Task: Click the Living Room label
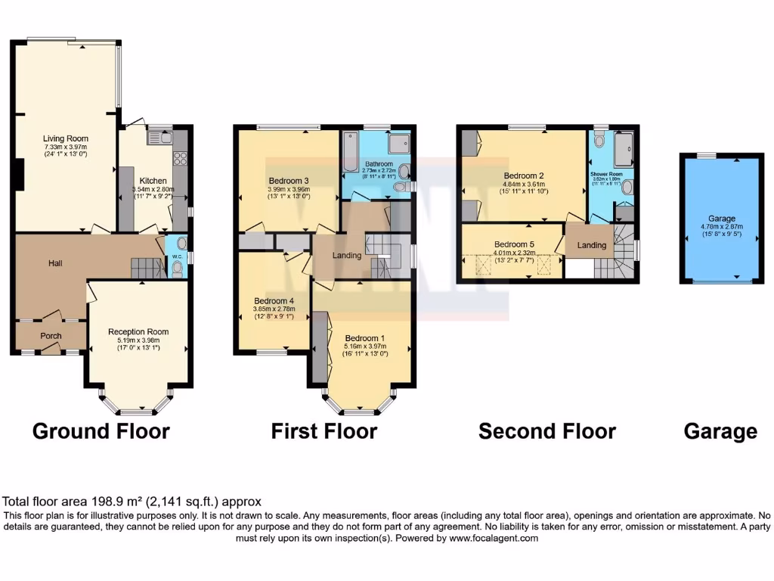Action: coord(65,138)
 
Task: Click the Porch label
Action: coord(51,336)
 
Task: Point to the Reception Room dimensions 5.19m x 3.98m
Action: coord(138,340)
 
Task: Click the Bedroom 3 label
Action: coord(289,181)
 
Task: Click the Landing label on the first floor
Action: coord(347,255)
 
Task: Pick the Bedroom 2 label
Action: coord(525,176)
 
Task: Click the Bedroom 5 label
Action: coord(514,244)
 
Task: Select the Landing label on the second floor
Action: coord(592,245)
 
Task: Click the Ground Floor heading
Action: coord(101,431)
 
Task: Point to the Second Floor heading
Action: coord(547,431)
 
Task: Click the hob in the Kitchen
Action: coord(181,159)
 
